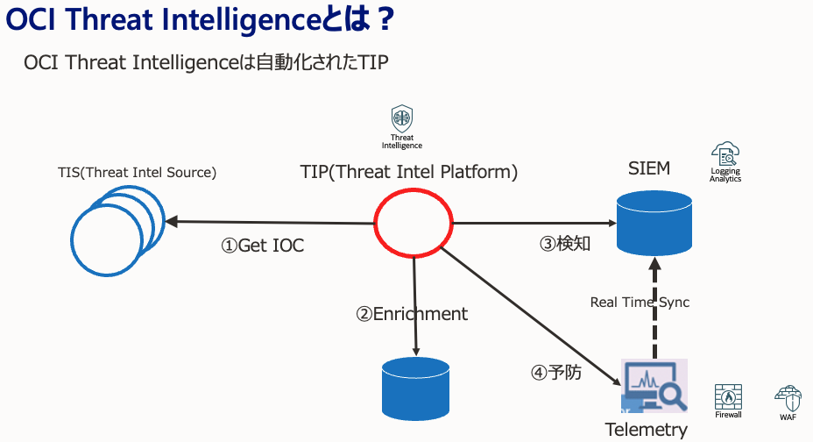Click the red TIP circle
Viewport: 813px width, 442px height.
375,223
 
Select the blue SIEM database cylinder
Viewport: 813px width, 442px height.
654,223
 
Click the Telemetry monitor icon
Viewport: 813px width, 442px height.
654,386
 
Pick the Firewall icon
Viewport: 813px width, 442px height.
728,397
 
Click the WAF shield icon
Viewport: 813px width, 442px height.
788,398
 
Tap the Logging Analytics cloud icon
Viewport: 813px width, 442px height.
725,153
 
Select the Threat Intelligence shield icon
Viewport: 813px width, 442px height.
402,118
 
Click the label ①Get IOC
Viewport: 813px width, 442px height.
262,246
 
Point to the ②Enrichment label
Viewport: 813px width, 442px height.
412,314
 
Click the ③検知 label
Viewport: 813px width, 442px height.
565,243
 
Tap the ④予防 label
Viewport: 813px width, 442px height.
555,372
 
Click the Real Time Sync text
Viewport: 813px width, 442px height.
640,302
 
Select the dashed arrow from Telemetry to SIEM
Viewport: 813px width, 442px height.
654,308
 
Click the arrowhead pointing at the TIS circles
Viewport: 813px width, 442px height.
171,222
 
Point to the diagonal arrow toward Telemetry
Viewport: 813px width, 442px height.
531,317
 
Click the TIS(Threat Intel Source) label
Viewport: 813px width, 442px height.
137,172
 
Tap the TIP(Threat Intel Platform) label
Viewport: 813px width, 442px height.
409,172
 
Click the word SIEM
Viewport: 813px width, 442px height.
649,168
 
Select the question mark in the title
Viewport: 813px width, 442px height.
385,19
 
